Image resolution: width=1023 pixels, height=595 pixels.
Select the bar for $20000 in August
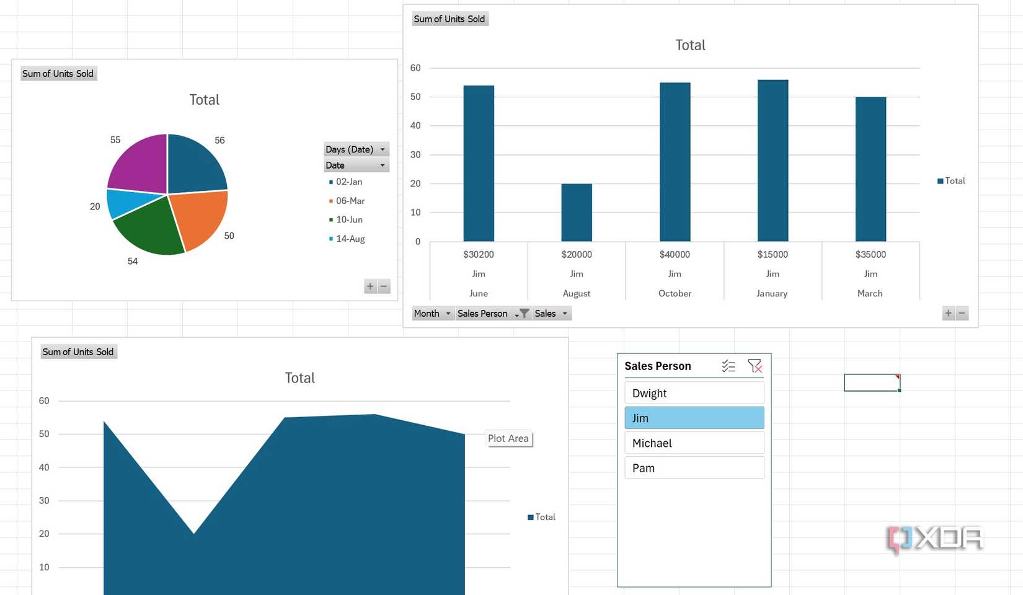tap(577, 213)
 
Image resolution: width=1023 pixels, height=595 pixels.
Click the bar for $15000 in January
tap(773, 161)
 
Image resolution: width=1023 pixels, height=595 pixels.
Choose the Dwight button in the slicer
tap(694, 393)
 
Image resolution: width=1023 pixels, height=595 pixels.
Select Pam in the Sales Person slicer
tap(694, 468)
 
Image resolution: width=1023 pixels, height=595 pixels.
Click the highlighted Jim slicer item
tap(694, 418)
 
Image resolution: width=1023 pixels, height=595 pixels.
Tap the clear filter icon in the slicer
tap(755, 366)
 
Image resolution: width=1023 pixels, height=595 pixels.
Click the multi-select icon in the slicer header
tap(728, 366)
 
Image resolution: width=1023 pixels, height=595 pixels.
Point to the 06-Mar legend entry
tap(350, 201)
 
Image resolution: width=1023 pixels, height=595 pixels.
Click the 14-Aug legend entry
tap(350, 239)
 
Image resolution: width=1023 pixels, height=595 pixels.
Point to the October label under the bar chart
tap(675, 293)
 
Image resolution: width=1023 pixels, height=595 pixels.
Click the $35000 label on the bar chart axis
tap(870, 254)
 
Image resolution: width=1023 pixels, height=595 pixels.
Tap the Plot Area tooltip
tap(508, 439)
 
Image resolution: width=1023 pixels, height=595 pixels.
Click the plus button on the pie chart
tap(370, 286)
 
